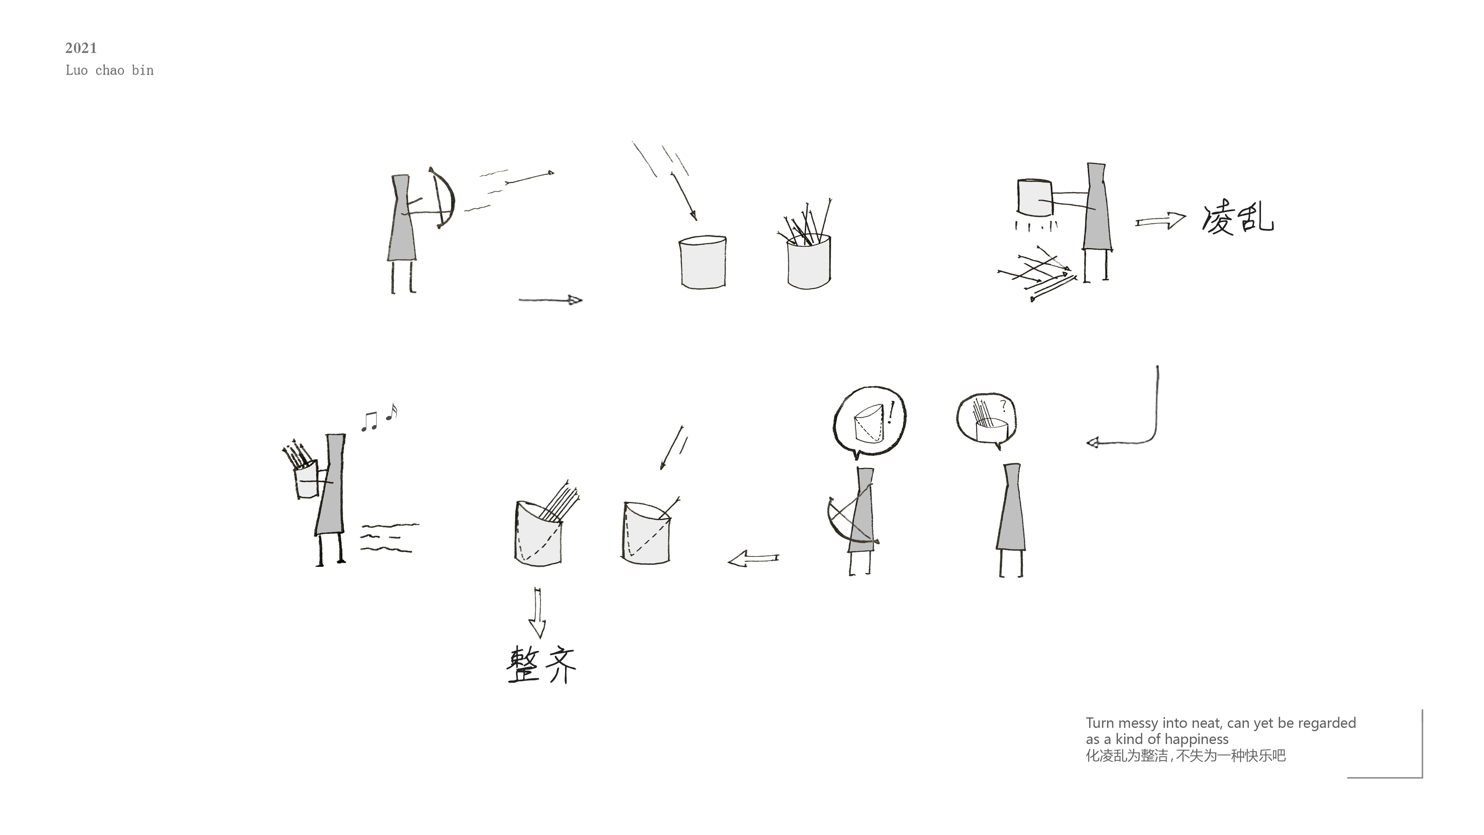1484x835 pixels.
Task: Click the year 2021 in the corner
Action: click(81, 48)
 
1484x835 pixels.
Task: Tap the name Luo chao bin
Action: click(109, 70)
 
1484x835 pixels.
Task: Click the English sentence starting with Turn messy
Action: click(1220, 731)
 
